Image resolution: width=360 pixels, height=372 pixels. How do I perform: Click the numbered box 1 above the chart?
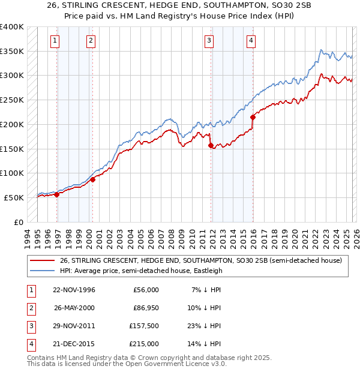(55, 41)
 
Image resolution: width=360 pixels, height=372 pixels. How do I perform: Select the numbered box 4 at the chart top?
(251, 41)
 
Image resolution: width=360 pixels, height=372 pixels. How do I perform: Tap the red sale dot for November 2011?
(211, 145)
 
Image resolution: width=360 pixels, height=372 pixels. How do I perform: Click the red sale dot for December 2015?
(253, 117)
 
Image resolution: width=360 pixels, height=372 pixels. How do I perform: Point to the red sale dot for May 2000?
(93, 179)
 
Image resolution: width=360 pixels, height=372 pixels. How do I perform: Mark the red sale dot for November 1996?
(57, 194)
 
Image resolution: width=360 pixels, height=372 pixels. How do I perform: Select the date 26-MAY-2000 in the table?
(74, 308)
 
